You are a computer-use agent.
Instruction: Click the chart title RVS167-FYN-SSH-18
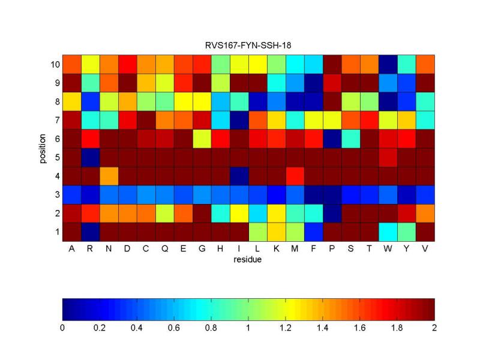[248, 46]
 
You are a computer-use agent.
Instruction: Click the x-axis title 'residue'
[248, 260]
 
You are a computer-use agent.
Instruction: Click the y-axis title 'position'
[43, 148]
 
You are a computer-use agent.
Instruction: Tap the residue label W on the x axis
[388, 248]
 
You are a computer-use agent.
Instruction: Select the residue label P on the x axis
[332, 248]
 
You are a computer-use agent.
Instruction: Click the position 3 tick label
[57, 194]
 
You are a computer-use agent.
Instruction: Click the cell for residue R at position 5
[90, 157]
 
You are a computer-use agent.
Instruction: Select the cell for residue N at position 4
[109, 176]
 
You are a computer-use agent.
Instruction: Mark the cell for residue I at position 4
[239, 176]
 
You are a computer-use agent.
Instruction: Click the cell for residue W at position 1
[388, 232]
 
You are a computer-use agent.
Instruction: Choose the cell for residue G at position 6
[202, 139]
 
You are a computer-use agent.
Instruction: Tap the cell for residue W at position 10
[388, 64]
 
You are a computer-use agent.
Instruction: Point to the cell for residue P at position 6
[332, 139]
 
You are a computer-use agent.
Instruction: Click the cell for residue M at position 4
[295, 176]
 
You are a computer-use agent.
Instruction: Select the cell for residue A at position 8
[71, 101]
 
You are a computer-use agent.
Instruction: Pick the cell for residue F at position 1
[313, 232]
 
